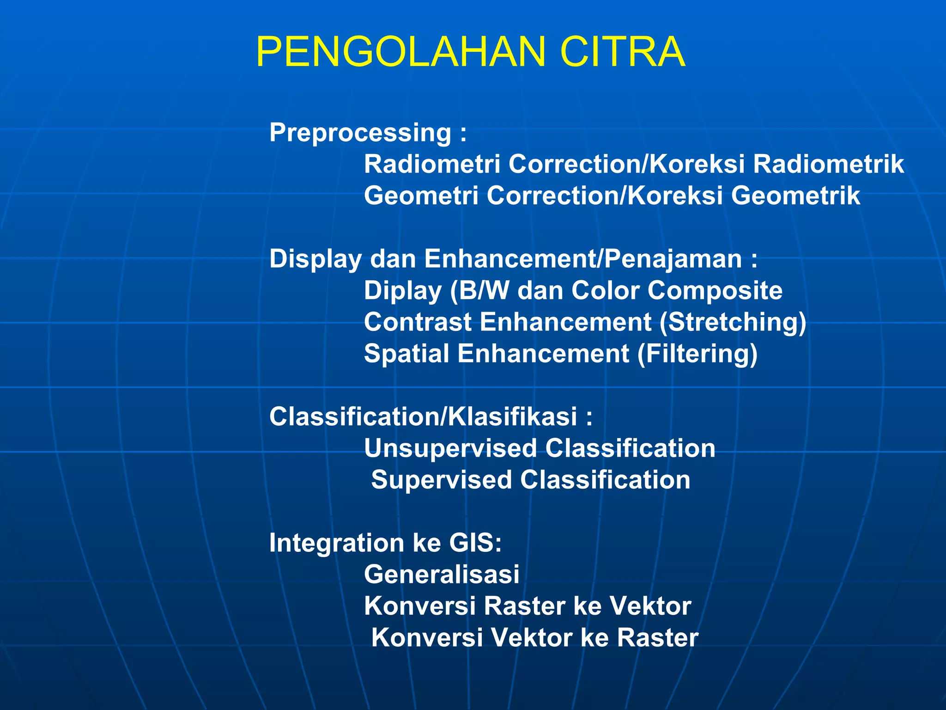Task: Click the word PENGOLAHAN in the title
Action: pyautogui.click(x=401, y=52)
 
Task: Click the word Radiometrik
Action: pyautogui.click(x=828, y=164)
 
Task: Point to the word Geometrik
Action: pyautogui.click(x=795, y=196)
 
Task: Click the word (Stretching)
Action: pyautogui.click(x=733, y=322)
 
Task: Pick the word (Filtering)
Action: pyautogui.click(x=697, y=354)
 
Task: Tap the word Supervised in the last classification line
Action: pyautogui.click(x=442, y=480)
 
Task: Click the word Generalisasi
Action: pyautogui.click(x=442, y=575)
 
